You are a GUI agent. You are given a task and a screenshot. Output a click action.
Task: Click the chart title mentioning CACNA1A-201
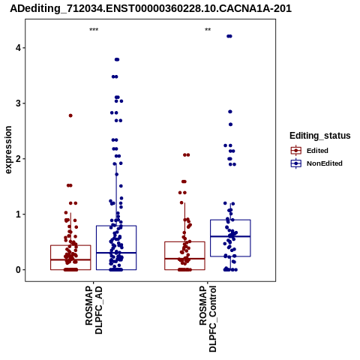pyautogui.click(x=151, y=8)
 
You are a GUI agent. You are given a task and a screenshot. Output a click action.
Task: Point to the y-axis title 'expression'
pyautogui.click(x=8, y=150)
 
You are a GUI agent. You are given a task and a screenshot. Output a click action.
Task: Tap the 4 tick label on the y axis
pyautogui.click(x=18, y=47)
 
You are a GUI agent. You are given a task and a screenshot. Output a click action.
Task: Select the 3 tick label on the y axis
pyautogui.click(x=18, y=103)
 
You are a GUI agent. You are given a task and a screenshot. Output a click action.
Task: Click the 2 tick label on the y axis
pyautogui.click(x=18, y=158)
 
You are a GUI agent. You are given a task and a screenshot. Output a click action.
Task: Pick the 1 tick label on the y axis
pyautogui.click(x=18, y=214)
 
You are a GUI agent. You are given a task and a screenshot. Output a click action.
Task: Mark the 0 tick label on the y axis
pyautogui.click(x=18, y=270)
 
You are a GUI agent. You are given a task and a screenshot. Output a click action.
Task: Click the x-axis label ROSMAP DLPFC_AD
pyautogui.click(x=94, y=310)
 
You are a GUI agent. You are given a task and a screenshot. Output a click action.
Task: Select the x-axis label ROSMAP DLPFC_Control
pyautogui.click(x=208, y=319)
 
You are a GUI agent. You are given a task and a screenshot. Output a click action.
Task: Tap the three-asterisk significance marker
pyautogui.click(x=94, y=30)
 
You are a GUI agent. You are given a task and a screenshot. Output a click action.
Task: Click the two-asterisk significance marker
pyautogui.click(x=208, y=30)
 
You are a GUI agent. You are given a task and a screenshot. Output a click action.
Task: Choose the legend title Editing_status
pyautogui.click(x=320, y=136)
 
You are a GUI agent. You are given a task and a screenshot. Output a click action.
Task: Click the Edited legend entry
pyautogui.click(x=310, y=151)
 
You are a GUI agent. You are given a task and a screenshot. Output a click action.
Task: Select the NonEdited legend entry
pyautogui.click(x=316, y=163)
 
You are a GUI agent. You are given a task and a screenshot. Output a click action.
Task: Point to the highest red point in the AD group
pyautogui.click(x=70, y=115)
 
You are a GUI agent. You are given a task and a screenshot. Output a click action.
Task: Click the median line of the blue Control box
pyautogui.click(x=230, y=236)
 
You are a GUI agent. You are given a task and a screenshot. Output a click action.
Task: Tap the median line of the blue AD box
pyautogui.click(x=116, y=253)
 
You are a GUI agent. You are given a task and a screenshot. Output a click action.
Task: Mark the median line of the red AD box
pyautogui.click(x=70, y=259)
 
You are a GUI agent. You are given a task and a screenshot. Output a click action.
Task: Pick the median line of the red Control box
pyautogui.click(x=184, y=259)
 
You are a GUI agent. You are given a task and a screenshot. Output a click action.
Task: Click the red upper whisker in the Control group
pyautogui.click(x=184, y=222)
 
